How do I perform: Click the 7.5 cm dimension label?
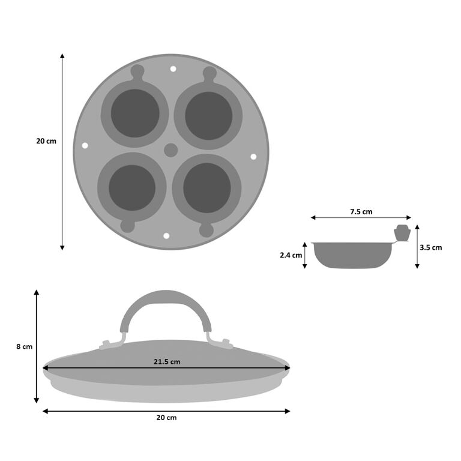[361, 211]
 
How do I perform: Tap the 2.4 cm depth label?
[291, 255]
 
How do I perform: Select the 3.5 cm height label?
[430, 247]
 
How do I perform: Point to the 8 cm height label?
[23, 346]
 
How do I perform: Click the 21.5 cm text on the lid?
[167, 361]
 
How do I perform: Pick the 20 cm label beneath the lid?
[167, 417]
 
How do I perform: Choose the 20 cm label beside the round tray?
[46, 141]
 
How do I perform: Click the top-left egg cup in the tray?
[135, 113]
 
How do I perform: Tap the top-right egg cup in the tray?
[208, 115]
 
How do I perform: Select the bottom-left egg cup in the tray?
[132, 187]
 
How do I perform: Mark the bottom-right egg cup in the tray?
[207, 188]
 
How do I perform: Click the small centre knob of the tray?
[171, 150]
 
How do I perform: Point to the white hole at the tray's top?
[173, 70]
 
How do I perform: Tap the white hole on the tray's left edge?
[85, 146]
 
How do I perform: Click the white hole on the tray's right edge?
[253, 157]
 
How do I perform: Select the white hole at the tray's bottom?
[167, 236]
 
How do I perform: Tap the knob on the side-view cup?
[401, 232]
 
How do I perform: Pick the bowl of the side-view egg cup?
[351, 255]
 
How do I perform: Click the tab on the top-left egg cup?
[137, 73]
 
